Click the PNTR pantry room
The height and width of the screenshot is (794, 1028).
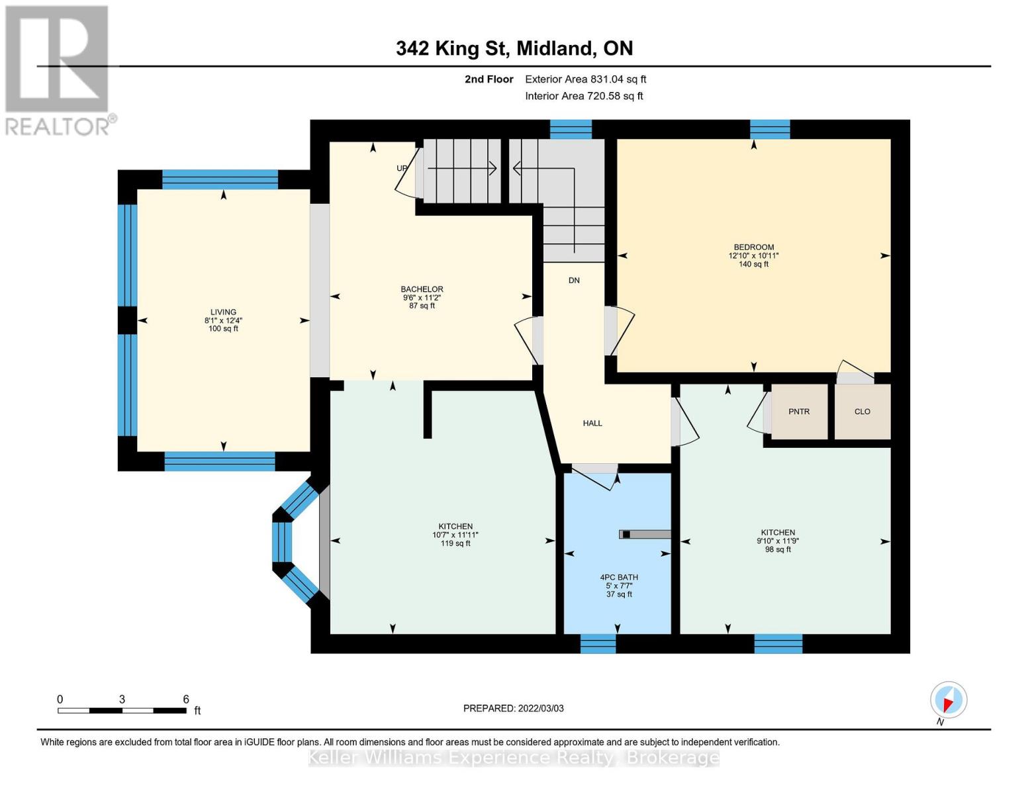coord(799,412)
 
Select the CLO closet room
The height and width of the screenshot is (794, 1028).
coord(862,412)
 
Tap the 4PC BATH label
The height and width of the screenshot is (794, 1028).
coord(619,578)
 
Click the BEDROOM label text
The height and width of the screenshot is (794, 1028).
coord(753,247)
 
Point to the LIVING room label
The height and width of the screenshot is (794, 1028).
coord(223,312)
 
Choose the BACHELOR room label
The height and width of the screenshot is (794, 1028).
coord(422,289)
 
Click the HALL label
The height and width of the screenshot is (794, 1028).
coord(592,423)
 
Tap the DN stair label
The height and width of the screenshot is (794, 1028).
coord(574,281)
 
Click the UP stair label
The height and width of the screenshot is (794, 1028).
coord(402,168)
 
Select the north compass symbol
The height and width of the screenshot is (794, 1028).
coord(948,700)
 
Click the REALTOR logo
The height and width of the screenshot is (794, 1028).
coord(58,69)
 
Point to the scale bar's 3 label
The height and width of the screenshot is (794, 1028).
coord(122,699)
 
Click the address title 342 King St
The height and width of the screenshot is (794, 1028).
coord(514,48)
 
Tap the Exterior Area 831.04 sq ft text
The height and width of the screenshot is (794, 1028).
coord(585,79)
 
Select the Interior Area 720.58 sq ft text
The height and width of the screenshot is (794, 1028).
coord(584,96)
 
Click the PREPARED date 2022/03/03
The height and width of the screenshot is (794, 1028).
coord(513,709)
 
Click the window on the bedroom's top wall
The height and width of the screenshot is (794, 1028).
coord(770,129)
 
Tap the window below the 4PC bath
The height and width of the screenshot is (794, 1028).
coord(598,644)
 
